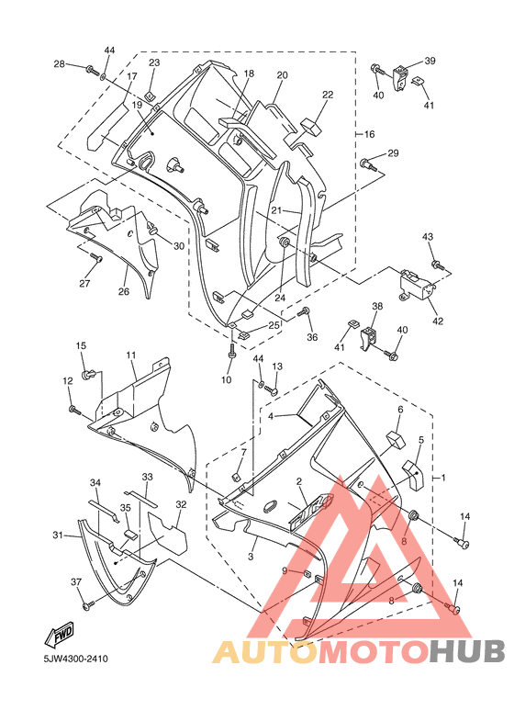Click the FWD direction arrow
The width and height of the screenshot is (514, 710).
[x=59, y=635]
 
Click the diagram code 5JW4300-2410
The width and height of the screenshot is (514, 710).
[x=76, y=659]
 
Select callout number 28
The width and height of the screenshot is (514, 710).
[x=60, y=64]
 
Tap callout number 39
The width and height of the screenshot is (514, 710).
[x=430, y=61]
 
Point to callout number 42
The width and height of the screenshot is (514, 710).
[x=438, y=321]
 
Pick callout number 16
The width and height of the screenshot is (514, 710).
[x=370, y=134]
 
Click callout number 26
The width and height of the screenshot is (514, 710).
[x=124, y=291]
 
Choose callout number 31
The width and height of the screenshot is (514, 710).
[x=58, y=535]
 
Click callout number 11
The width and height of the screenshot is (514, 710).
[x=131, y=355]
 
